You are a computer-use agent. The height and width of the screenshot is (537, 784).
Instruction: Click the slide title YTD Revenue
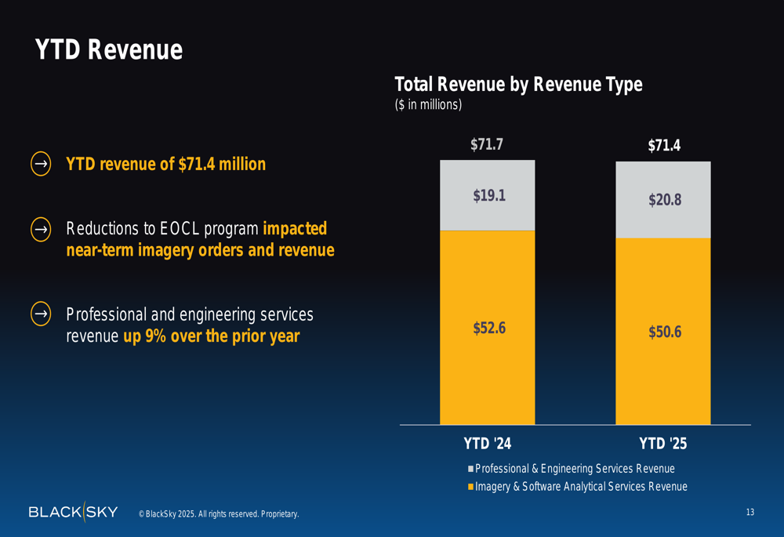(108, 50)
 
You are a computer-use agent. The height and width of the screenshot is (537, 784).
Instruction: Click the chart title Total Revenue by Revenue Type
(517, 85)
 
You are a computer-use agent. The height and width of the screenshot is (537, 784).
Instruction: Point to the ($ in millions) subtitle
(428, 104)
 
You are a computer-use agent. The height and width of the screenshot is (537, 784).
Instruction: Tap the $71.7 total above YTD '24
(487, 144)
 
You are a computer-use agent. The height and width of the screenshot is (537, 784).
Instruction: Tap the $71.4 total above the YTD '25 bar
(663, 146)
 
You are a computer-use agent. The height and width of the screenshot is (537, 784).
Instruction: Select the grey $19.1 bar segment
(488, 196)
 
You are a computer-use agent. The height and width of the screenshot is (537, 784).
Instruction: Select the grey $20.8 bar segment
(663, 200)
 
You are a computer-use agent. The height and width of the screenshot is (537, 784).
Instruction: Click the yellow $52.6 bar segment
(488, 328)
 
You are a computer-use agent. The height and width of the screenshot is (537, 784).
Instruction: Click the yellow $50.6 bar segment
(663, 332)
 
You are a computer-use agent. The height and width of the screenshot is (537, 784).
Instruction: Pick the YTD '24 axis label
(487, 444)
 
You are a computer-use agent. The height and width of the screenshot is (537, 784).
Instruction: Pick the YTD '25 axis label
(662, 444)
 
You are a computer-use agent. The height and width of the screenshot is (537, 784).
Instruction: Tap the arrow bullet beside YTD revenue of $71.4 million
(41, 164)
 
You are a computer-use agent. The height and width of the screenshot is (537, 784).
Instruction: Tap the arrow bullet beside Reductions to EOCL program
(41, 229)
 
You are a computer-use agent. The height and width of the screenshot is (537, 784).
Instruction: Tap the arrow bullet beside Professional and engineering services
(41, 314)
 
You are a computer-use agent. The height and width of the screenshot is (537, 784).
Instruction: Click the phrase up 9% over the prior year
(211, 337)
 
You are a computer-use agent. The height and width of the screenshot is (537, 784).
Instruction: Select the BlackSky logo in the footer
(73, 512)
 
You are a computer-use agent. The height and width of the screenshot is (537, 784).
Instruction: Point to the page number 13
(750, 513)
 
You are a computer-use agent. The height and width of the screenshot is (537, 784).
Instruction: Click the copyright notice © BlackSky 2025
(219, 514)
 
